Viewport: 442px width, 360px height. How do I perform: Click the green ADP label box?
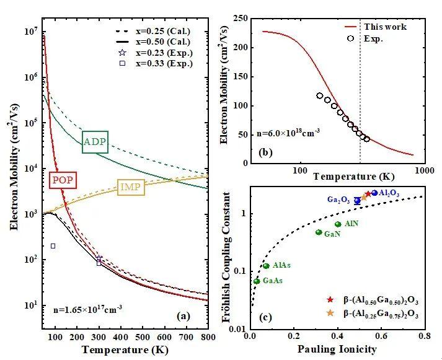tap(95, 143)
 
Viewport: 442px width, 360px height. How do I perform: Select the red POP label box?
tap(63, 180)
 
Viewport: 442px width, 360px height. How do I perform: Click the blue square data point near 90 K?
tap(53, 246)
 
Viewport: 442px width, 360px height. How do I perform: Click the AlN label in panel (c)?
tap(351, 222)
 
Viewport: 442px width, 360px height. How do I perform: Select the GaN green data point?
tap(319, 232)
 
